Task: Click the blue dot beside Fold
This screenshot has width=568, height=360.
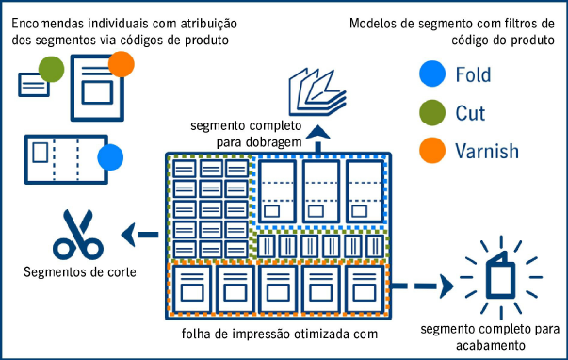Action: (x=430, y=74)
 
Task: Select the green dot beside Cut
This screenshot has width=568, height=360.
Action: (x=430, y=112)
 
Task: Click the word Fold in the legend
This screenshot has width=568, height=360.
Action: (x=473, y=74)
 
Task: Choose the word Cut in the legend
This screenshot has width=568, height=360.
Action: (x=470, y=112)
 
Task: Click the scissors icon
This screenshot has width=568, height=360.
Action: (x=77, y=236)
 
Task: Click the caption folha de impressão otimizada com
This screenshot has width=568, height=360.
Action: (x=280, y=334)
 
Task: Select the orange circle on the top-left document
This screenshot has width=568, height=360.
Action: (x=122, y=64)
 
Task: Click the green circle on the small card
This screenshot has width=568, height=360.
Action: (x=51, y=69)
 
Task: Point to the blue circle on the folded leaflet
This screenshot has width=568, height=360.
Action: (x=110, y=156)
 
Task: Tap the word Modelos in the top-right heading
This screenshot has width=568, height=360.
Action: (x=377, y=22)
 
